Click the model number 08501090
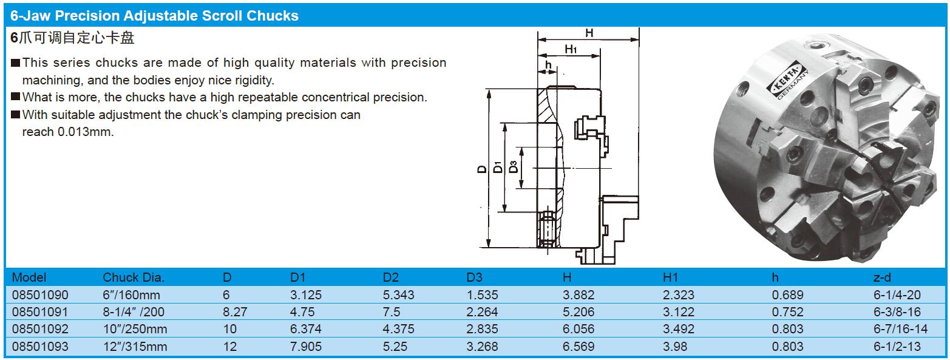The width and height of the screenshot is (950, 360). [x=40, y=294]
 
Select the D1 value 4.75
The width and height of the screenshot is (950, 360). [x=302, y=311]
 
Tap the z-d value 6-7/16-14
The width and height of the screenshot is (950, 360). [x=900, y=328]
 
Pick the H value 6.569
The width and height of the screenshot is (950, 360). [x=578, y=347]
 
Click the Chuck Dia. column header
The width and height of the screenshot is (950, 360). [x=133, y=277]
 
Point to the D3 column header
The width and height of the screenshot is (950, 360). [x=474, y=277]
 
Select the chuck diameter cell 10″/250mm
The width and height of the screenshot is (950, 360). [x=135, y=328]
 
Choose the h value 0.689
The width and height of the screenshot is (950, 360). [x=787, y=294]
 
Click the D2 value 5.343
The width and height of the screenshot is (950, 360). [x=399, y=294]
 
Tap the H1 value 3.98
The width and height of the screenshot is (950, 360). [x=675, y=347]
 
